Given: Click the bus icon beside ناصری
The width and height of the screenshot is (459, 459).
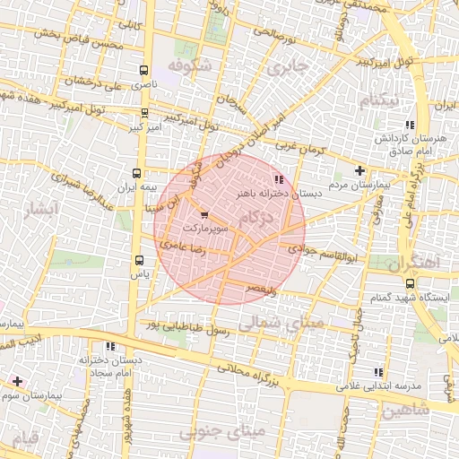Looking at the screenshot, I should click(x=145, y=69).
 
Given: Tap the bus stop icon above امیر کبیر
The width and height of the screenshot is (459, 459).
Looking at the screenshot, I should click(x=145, y=114).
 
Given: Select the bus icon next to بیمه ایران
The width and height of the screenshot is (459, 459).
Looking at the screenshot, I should click(x=136, y=173).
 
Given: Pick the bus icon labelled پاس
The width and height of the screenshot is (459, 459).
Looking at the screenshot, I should click(x=139, y=260).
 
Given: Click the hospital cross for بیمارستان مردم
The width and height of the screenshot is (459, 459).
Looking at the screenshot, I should click(x=359, y=170).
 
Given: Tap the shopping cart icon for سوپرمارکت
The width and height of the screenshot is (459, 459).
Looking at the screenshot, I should click(x=204, y=214).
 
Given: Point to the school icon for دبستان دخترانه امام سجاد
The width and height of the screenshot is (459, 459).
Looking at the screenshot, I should click(x=110, y=345).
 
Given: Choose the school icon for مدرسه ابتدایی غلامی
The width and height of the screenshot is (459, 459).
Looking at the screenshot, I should click(x=378, y=371).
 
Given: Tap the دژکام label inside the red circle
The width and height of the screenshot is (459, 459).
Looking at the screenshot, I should click(x=259, y=218).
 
